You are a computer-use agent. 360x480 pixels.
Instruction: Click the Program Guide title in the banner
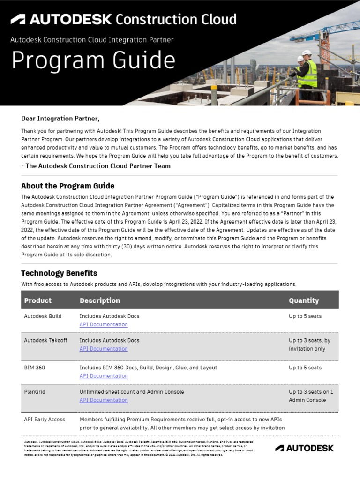93,61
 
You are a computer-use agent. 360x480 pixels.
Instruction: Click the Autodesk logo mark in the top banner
18,19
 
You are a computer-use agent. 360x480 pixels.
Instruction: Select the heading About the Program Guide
67,186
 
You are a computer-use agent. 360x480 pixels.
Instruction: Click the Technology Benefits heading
59,273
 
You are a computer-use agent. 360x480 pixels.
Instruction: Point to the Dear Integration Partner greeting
60,119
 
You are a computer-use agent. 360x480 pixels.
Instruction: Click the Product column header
37,300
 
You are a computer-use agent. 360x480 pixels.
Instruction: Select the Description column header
100,300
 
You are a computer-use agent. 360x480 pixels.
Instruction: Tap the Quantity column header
304,300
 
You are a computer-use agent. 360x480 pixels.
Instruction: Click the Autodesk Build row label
43,316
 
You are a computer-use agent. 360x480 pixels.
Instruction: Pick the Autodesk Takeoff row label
45,341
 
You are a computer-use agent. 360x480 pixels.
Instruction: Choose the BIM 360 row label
35,367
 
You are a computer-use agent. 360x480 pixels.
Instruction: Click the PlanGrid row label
35,392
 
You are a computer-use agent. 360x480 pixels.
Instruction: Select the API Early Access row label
45,420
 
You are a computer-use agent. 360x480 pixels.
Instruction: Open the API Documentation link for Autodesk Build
104,324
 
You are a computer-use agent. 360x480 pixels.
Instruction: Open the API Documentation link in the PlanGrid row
104,400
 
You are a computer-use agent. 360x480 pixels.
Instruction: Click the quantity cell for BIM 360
305,367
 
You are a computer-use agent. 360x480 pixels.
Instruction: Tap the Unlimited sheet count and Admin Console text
132,392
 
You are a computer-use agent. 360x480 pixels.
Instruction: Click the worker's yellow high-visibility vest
308,74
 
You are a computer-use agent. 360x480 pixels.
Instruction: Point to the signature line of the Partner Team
96,166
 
